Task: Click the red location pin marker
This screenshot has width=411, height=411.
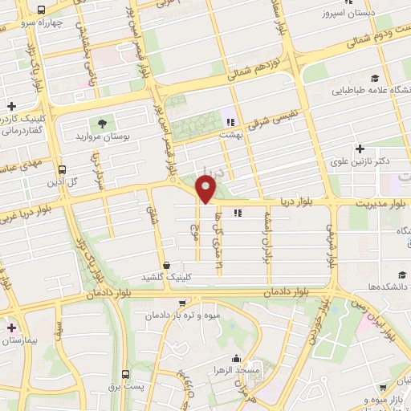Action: [206, 189]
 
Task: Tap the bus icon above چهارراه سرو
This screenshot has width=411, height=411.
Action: [41, 10]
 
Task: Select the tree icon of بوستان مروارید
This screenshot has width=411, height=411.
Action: [102, 124]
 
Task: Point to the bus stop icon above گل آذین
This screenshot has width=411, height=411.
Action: [62, 169]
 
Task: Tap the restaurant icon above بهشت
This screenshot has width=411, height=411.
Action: [231, 123]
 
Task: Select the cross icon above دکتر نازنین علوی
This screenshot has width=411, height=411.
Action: [360, 149]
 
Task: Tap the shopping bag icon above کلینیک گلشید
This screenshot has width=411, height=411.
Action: [166, 264]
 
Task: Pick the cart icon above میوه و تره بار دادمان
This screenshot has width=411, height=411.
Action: [184, 303]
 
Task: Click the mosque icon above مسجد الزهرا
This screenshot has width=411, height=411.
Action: [236, 359]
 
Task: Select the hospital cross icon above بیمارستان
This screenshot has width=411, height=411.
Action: [11, 328]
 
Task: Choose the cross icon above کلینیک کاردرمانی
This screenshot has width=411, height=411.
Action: [11, 106]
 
